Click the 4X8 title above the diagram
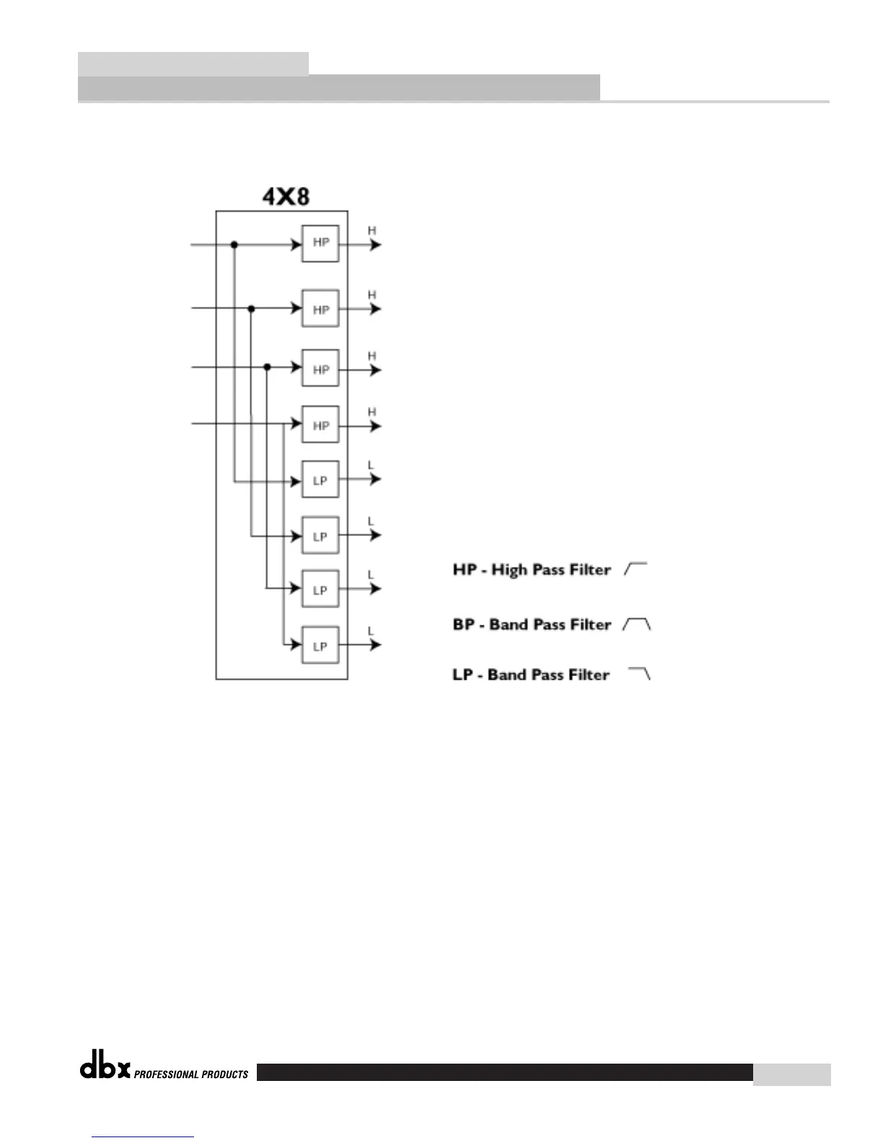tap(286, 196)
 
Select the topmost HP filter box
tap(320, 244)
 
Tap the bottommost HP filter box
tap(320, 426)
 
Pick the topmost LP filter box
tap(320, 481)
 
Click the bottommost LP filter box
tap(320, 646)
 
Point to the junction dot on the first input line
tap(234, 245)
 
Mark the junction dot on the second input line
tap(251, 309)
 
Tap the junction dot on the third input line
tap(267, 367)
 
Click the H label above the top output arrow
tap(372, 231)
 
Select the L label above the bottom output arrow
tap(371, 631)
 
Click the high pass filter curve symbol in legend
tap(636, 569)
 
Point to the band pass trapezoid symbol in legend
tap(636, 624)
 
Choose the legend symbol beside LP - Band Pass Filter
tap(640, 674)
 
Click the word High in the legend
tap(509, 570)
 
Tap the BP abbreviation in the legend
tap(463, 624)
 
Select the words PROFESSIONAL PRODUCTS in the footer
tap(191, 1074)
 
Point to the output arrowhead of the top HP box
tap(375, 245)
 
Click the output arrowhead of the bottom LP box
tap(375, 644)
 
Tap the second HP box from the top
tap(320, 309)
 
